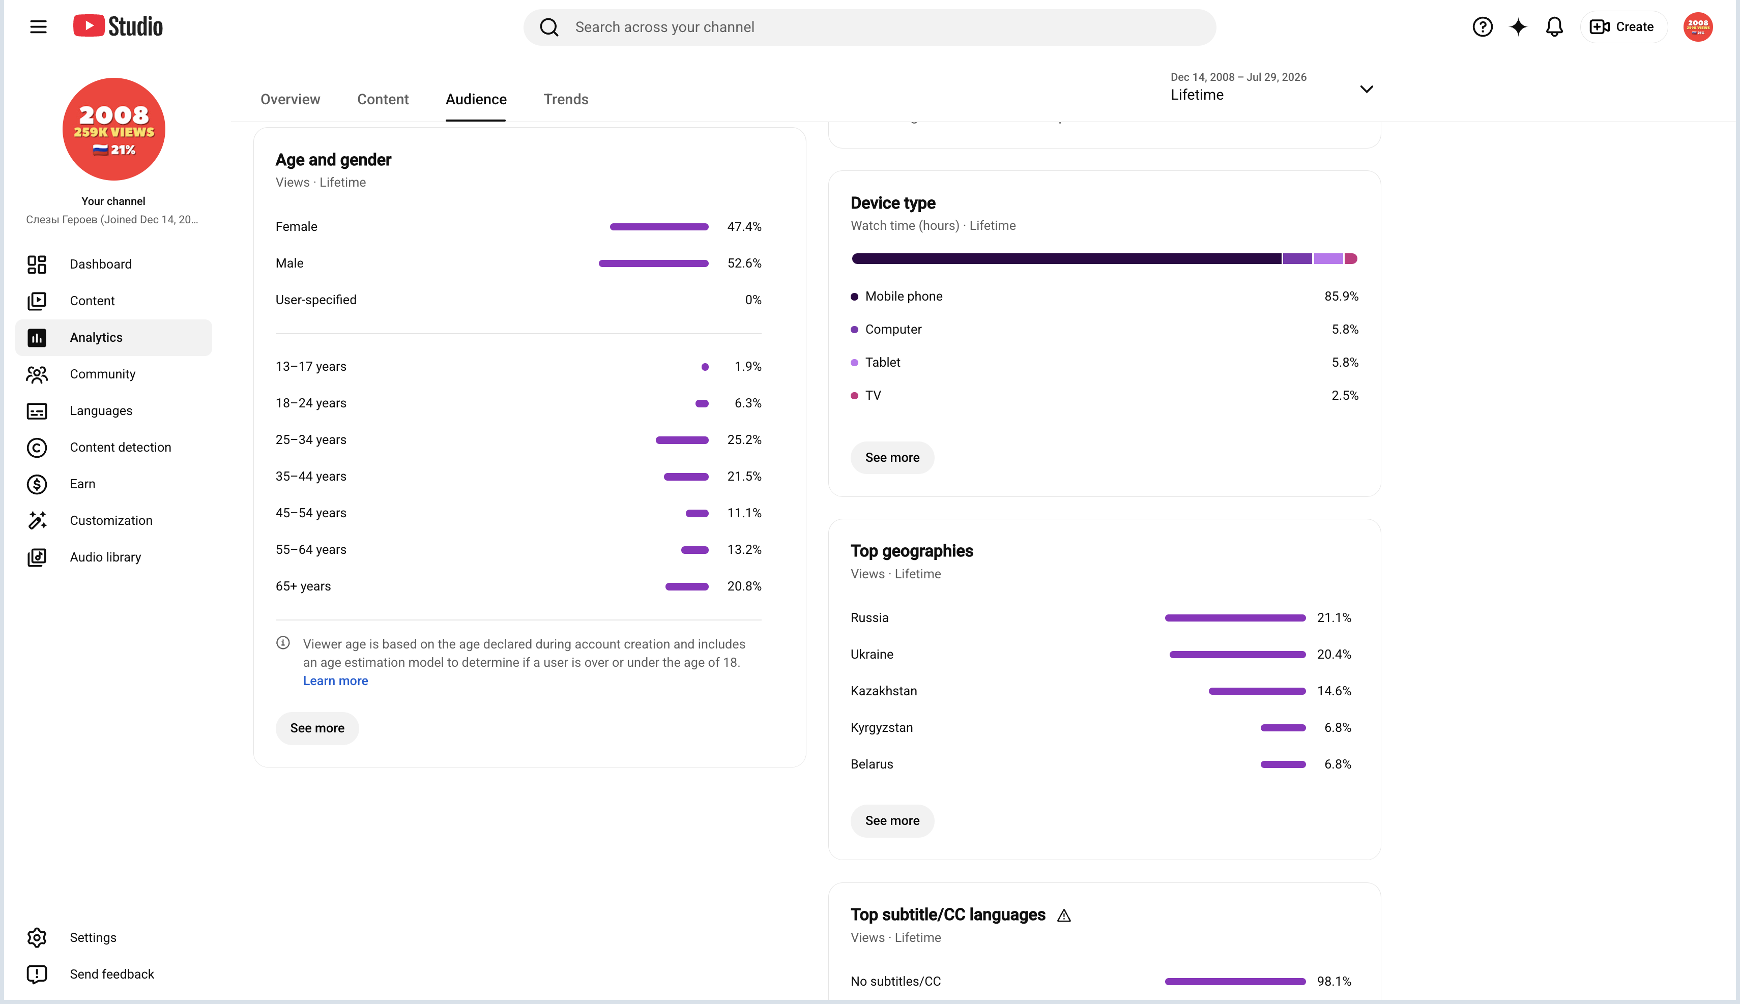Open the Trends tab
pyautogui.click(x=566, y=99)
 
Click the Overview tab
pyautogui.click(x=291, y=99)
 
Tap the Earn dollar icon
pyautogui.click(x=37, y=484)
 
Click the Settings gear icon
pyautogui.click(x=37, y=938)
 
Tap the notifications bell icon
pyautogui.click(x=1554, y=27)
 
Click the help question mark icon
pyautogui.click(x=1483, y=27)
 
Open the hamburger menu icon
pyautogui.click(x=39, y=27)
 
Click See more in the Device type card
pyautogui.click(x=892, y=458)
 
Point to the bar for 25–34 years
pyautogui.click(x=682, y=440)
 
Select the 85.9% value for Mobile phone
pyautogui.click(x=1342, y=297)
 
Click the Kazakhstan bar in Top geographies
pyautogui.click(x=1257, y=691)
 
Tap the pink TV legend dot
pyautogui.click(x=855, y=396)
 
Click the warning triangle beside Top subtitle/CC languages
pyautogui.click(x=1064, y=916)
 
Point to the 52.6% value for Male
pyautogui.click(x=745, y=263)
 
